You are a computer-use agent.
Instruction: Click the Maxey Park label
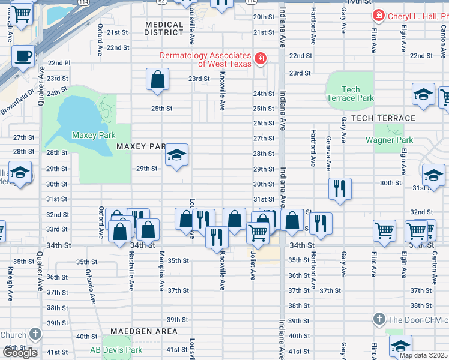(x=93, y=135)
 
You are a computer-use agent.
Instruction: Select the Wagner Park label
(x=389, y=140)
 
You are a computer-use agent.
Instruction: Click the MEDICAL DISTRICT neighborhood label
(x=164, y=28)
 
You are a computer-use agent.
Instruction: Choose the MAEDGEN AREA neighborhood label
(x=143, y=331)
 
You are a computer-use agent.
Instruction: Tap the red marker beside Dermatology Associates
(x=261, y=58)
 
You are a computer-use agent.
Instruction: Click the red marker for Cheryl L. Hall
(x=378, y=15)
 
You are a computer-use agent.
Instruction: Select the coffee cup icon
(x=23, y=57)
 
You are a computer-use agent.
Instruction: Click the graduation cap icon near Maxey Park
(x=176, y=155)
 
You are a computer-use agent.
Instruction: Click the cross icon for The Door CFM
(x=378, y=318)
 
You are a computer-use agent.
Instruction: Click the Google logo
(x=19, y=353)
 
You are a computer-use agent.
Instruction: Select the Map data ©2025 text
(x=423, y=355)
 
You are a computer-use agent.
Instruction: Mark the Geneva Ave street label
(x=328, y=156)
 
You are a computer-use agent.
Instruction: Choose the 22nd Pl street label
(x=59, y=62)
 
